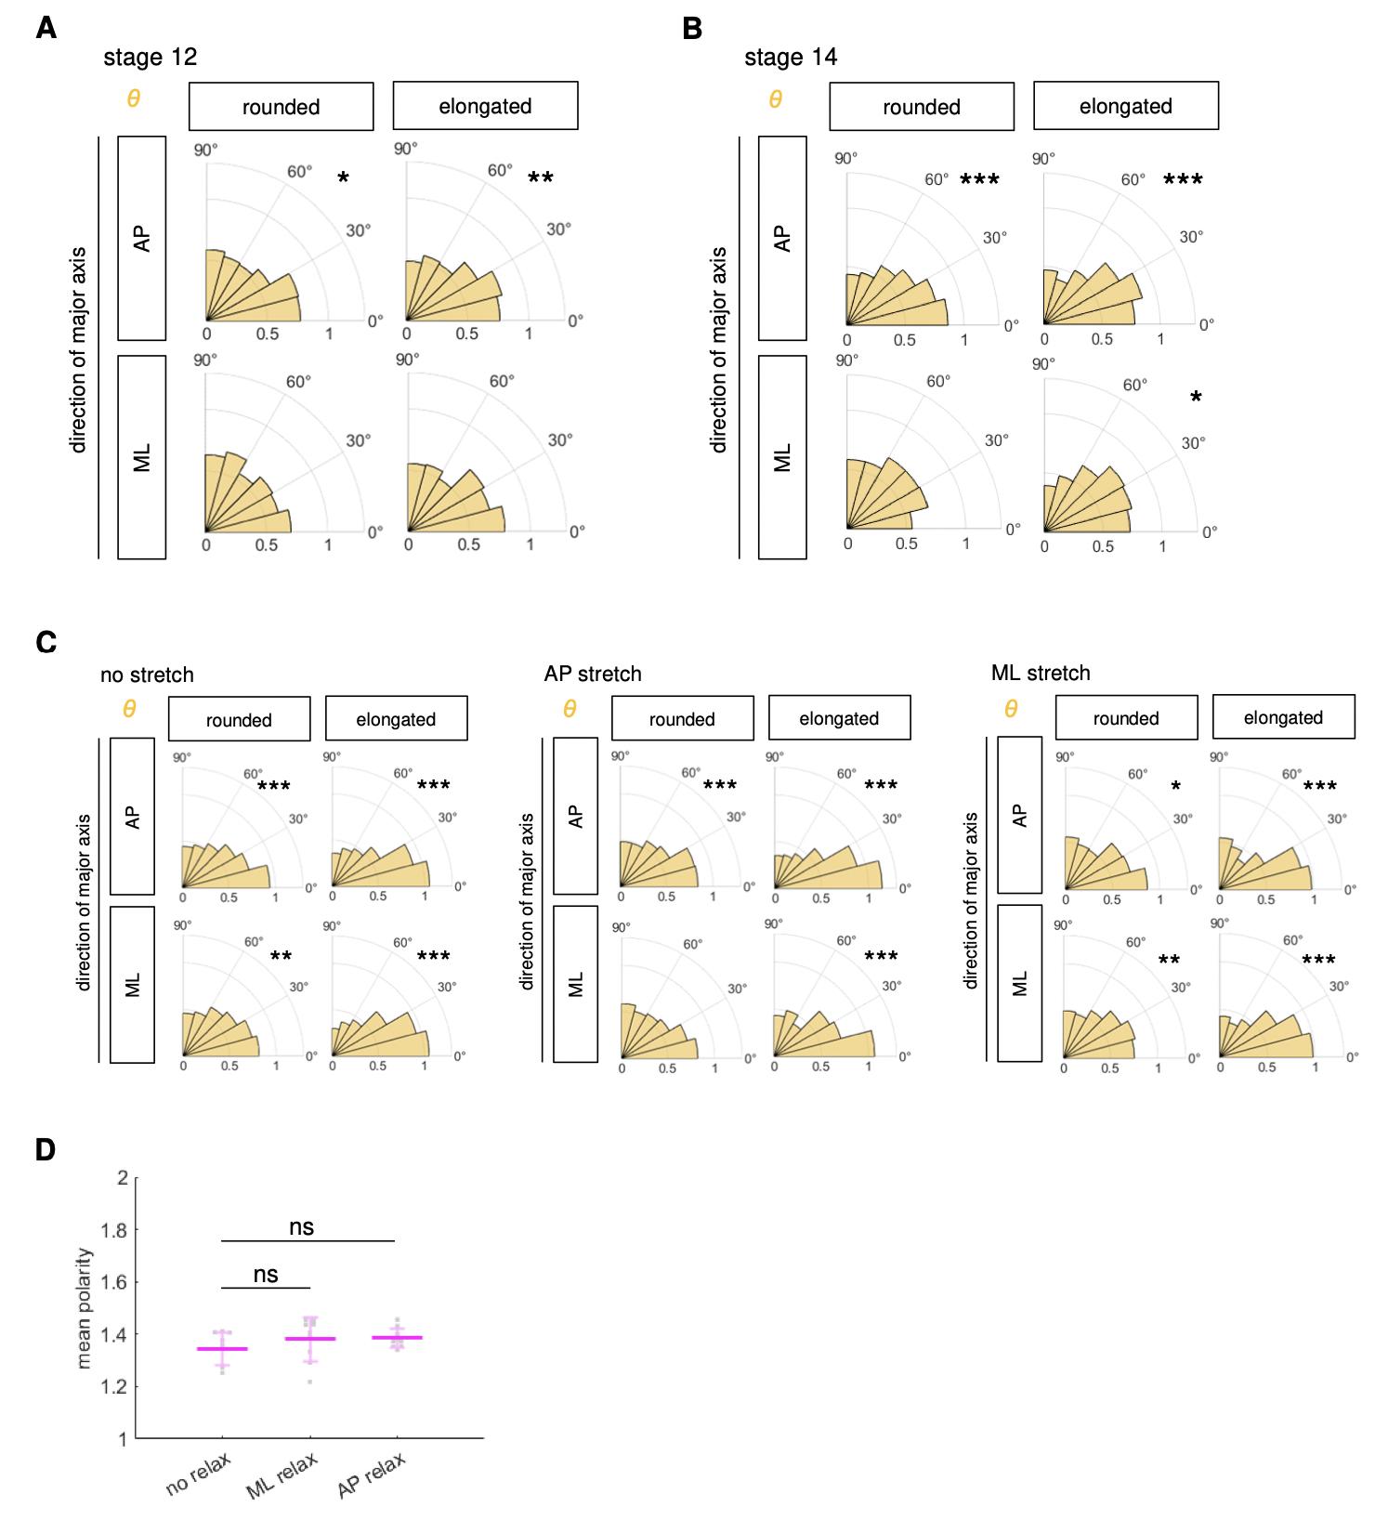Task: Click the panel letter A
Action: [x=46, y=29]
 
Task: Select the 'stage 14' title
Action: [x=791, y=58]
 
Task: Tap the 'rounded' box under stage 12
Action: [x=282, y=107]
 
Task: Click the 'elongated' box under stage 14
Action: [x=1125, y=107]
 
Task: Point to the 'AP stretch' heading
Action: [x=593, y=674]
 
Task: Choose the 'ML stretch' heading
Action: [x=1041, y=673]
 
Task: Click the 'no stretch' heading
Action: [x=147, y=674]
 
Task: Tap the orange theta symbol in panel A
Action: [x=133, y=98]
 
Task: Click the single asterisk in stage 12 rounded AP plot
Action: [x=343, y=178]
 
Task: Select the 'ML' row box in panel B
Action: [x=782, y=457]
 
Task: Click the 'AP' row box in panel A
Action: [x=142, y=238]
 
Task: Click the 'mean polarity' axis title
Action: [x=85, y=1308]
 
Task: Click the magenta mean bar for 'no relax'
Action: [x=222, y=1348]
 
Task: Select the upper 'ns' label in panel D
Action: [x=301, y=1227]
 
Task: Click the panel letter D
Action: [x=46, y=1150]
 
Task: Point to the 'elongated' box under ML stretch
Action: [x=1283, y=718]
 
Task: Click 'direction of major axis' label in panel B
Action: [x=718, y=349]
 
